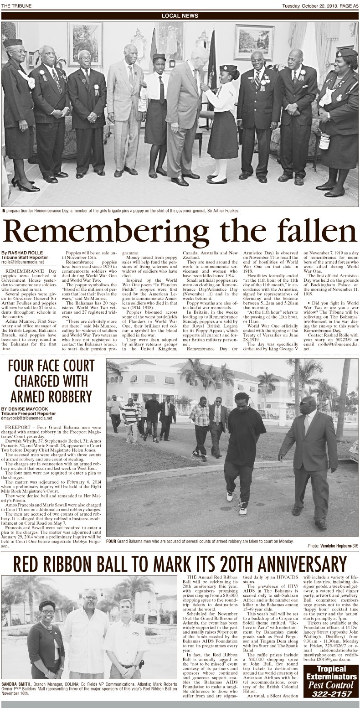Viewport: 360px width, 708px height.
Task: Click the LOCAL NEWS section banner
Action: pos(180,16)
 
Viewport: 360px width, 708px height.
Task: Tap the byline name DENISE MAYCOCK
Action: pos(27,409)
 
